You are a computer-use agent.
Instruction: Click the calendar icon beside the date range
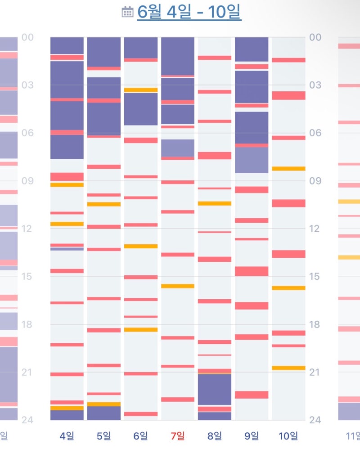(127, 12)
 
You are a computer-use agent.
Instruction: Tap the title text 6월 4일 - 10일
(189, 12)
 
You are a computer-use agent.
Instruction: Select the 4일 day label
(67, 436)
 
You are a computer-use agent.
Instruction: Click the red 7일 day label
(178, 436)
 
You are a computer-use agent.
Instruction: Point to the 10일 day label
(288, 436)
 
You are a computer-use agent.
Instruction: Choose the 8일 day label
(215, 436)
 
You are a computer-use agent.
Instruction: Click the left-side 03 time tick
(28, 85)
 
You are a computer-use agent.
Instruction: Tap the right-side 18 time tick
(315, 324)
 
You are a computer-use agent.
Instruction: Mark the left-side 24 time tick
(27, 420)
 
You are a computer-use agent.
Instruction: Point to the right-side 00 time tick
(315, 37)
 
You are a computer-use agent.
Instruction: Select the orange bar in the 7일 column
(178, 286)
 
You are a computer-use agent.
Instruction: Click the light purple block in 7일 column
(178, 148)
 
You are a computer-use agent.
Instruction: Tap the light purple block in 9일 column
(252, 160)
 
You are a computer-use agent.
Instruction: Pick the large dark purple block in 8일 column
(215, 389)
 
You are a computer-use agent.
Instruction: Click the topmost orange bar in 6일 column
(141, 90)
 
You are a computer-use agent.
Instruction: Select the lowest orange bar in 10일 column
(288, 368)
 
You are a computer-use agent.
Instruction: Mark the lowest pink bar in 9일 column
(252, 395)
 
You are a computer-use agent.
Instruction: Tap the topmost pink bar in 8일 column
(215, 58)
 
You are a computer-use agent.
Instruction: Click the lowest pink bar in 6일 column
(141, 414)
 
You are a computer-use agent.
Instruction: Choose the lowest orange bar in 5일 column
(104, 404)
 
